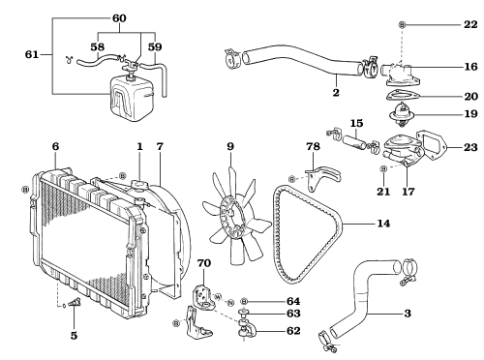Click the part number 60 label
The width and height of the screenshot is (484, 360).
[x=119, y=18]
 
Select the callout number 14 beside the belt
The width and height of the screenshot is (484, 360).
[x=383, y=224]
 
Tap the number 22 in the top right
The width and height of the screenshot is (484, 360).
[x=470, y=24]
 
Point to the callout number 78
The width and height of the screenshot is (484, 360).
[x=313, y=146]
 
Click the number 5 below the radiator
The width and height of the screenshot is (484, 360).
[x=74, y=336]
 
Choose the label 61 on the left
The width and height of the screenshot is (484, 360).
[x=32, y=54]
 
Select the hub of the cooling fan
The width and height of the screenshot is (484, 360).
[x=231, y=217]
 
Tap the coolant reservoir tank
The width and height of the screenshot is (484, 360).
[x=132, y=98]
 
